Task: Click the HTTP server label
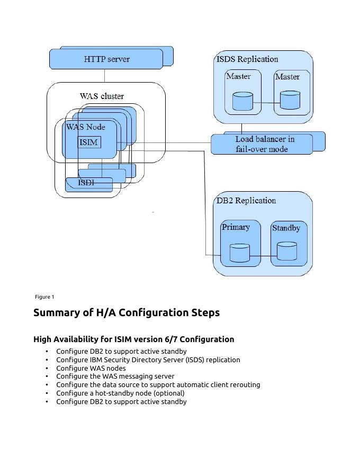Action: click(x=106, y=59)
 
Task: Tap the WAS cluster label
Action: click(x=102, y=96)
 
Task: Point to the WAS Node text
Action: click(x=86, y=127)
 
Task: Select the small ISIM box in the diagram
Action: click(x=88, y=142)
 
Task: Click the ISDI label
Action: click(x=86, y=183)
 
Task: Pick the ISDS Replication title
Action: click(x=247, y=59)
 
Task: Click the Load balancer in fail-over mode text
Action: click(x=265, y=144)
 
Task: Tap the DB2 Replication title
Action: click(x=246, y=201)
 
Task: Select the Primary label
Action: click(x=236, y=227)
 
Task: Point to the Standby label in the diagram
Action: click(x=286, y=228)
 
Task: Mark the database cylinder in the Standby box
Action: click(x=287, y=251)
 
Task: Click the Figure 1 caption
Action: click(x=44, y=297)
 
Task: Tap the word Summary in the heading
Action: click(x=56, y=312)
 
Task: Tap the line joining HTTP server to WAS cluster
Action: click(x=104, y=76)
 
